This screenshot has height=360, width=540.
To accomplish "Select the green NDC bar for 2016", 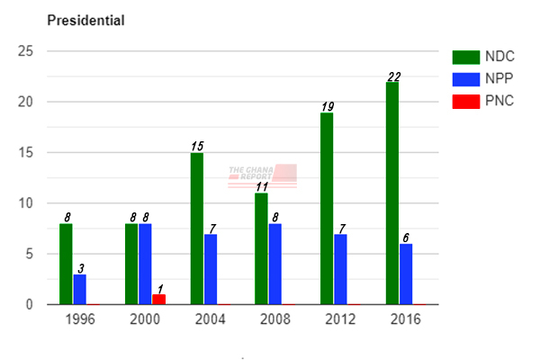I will tap(391, 193).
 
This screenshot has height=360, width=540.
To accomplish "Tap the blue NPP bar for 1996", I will tap(79, 289).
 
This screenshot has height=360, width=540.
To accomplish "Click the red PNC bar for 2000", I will tap(159, 299).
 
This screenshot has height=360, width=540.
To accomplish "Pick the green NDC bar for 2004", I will tap(197, 229).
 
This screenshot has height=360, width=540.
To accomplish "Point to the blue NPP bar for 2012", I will tap(339, 269).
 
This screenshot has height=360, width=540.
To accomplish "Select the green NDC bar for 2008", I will tap(262, 248).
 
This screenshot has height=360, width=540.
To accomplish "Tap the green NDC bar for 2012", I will tap(327, 209).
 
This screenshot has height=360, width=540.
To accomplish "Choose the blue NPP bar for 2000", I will tap(145, 264).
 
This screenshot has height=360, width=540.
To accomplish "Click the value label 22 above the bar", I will tap(392, 76).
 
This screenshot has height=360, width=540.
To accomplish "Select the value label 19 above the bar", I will tap(327, 107).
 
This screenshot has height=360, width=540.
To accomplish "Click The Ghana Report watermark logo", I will tap(263, 175).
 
